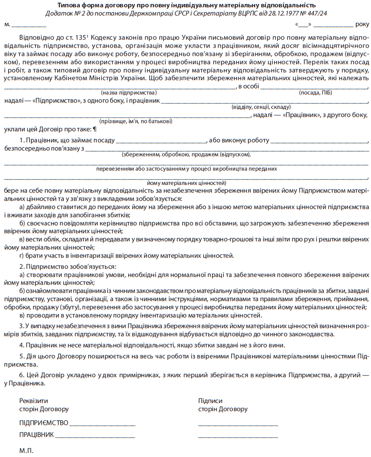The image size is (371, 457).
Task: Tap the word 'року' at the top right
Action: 362,25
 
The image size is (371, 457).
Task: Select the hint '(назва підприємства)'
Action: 129,93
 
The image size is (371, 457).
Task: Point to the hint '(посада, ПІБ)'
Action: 316,93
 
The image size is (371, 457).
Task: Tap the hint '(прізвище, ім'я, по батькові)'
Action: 136,122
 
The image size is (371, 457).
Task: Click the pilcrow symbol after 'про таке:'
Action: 95,130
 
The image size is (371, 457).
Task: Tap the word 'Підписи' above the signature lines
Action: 210,401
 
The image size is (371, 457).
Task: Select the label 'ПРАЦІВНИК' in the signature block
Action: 36,434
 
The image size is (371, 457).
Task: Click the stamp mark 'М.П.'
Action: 26,451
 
